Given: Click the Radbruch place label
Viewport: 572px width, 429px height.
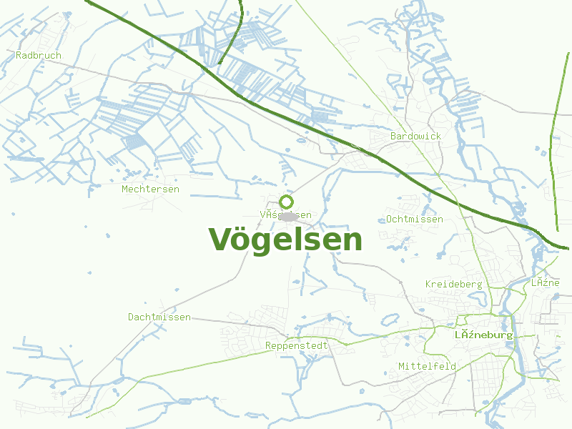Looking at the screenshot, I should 39,55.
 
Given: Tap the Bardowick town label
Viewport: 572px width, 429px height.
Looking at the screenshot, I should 415,136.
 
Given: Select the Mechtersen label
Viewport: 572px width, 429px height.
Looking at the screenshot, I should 150,189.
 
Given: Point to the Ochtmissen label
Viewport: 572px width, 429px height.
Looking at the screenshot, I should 414,219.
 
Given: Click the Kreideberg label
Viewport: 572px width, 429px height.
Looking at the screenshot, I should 453,284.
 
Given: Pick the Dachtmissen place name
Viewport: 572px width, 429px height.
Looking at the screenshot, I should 159,317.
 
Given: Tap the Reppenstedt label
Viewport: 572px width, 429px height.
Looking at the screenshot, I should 296,345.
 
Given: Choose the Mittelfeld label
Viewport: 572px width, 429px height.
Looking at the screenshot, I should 427,366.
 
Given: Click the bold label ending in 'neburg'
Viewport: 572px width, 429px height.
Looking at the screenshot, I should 484,335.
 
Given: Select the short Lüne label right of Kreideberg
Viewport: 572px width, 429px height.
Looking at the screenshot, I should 545,282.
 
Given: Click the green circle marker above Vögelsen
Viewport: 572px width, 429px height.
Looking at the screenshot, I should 287,202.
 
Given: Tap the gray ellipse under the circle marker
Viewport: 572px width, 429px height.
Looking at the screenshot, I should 288,216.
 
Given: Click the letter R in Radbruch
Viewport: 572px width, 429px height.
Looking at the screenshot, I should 19,55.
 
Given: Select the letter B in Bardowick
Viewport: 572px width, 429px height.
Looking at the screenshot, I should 393,136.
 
